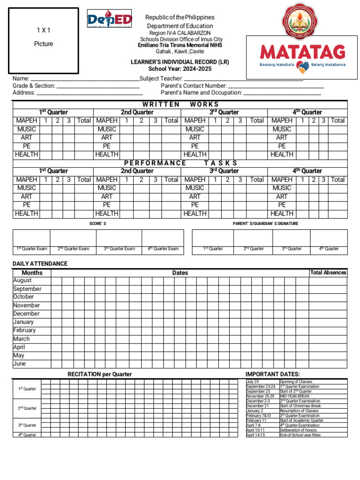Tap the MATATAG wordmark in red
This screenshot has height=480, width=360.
coord(303,52)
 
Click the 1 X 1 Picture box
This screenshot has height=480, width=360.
coord(44,41)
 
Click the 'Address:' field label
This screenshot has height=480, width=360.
coord(24,93)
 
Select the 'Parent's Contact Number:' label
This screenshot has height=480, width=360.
coord(194,86)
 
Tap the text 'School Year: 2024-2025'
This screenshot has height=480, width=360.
coord(180,69)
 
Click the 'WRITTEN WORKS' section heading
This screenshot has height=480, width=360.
coord(180,104)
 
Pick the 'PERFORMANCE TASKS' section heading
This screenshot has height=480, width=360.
coord(180,163)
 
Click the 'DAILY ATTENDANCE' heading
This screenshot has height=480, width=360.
coord(40,263)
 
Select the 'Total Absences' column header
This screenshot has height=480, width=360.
coord(328,272)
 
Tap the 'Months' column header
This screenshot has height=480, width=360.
coord(32,272)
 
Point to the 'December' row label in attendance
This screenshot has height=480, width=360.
coord(26,314)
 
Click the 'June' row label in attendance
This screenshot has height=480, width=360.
coord(20,364)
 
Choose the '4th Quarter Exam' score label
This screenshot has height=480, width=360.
coord(160,249)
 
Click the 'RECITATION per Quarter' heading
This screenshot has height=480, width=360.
coord(99,374)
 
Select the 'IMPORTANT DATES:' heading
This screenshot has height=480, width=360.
coord(272,374)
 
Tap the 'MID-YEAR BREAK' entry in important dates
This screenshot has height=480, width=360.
coord(294,396)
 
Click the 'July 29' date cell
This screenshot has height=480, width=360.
coord(253,382)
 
